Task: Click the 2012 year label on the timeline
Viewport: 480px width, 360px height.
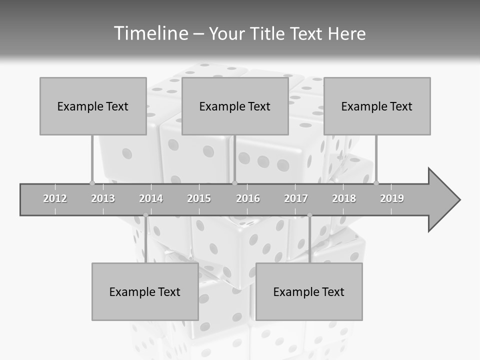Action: (x=55, y=198)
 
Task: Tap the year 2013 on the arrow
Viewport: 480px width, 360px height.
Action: (x=103, y=198)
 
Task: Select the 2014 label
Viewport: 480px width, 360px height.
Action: (x=151, y=198)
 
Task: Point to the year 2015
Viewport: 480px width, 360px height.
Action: (x=199, y=198)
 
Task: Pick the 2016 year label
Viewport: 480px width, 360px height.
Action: (x=248, y=198)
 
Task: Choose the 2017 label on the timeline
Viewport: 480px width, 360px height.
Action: (x=296, y=198)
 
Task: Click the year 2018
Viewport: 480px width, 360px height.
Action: (x=344, y=198)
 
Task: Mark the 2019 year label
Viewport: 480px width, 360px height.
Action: (x=392, y=198)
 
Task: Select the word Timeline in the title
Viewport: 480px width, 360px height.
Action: (x=150, y=33)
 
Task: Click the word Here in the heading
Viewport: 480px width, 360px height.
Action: (x=347, y=33)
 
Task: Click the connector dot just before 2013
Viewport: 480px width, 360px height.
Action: (x=92, y=183)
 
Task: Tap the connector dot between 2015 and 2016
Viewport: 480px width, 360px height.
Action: (x=235, y=183)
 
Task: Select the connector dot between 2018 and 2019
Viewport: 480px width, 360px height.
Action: (x=376, y=183)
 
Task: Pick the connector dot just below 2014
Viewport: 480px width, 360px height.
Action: (x=145, y=215)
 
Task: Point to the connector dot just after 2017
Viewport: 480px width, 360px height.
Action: (x=309, y=215)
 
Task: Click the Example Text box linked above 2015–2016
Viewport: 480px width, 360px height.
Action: (x=235, y=106)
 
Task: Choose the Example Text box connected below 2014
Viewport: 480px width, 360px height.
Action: (x=145, y=291)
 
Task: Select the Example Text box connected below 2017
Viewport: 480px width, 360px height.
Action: (x=309, y=291)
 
